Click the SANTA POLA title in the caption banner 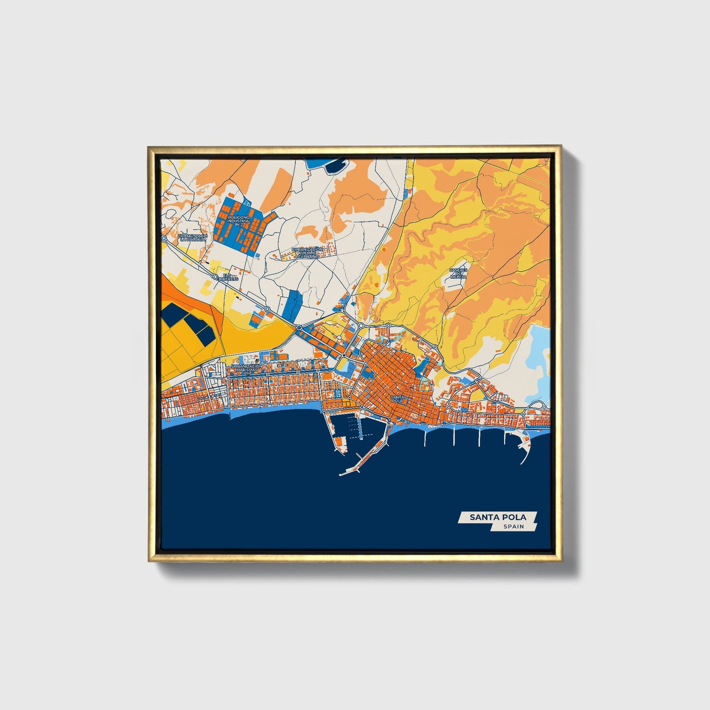click(x=497, y=517)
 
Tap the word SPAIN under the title click(x=513, y=527)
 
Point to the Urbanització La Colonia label click(x=193, y=238)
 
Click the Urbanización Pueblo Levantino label click(x=308, y=253)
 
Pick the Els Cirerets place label click(x=229, y=277)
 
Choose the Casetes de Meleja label click(x=458, y=273)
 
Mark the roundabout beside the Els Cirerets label click(x=215, y=277)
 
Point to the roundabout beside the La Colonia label click(x=164, y=238)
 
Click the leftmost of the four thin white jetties click(x=426, y=437)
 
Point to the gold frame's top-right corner click(x=560, y=146)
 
